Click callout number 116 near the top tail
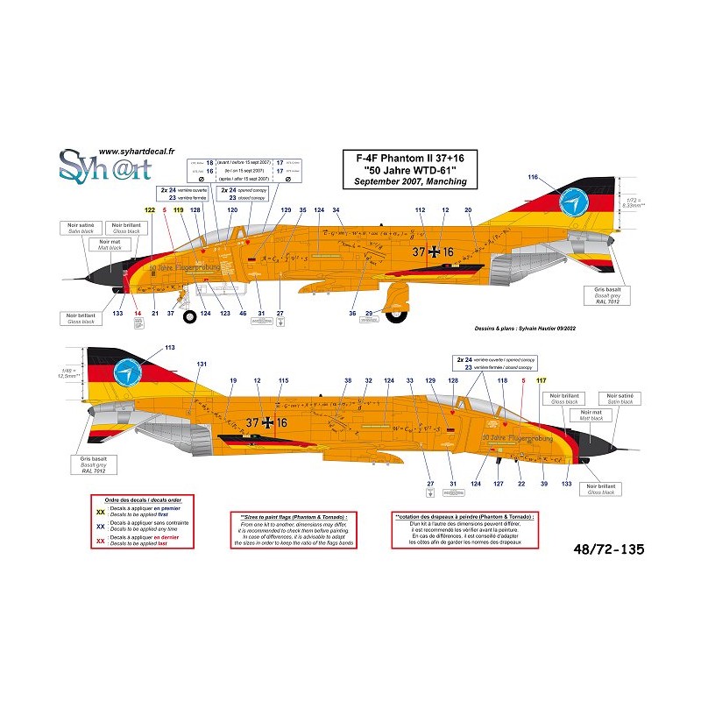click(532, 178)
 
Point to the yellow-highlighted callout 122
click(149, 211)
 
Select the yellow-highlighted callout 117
click(541, 379)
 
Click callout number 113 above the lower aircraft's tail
click(169, 348)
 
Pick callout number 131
click(202, 364)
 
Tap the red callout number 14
click(137, 313)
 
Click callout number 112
click(420, 211)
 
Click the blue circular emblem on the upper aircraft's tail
click(572, 203)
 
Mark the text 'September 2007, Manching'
click(405, 181)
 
